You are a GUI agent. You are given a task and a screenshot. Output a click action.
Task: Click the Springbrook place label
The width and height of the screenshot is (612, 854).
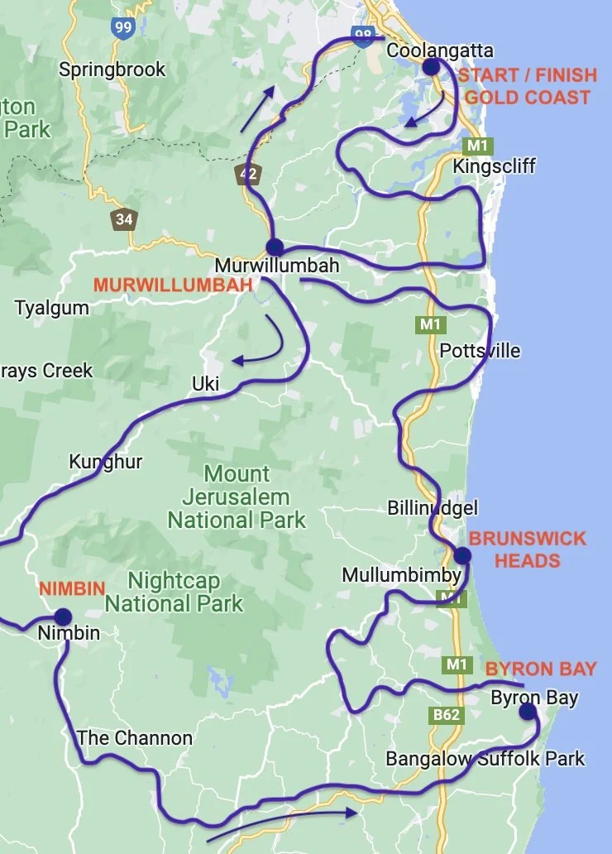coord(112,70)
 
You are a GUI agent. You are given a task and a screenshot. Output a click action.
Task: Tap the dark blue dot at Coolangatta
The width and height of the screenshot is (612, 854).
coord(431,67)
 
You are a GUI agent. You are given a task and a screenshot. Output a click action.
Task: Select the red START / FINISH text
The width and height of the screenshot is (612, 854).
coord(527,75)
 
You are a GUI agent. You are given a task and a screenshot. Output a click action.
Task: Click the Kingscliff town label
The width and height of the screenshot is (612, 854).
coord(494,166)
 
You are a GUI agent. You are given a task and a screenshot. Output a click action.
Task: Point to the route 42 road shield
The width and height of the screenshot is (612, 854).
coord(246,174)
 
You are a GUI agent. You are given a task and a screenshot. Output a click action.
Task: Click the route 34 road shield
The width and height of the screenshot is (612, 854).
coord(124,219)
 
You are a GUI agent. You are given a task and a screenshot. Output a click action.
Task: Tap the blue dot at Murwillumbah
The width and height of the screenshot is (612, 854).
coord(275,247)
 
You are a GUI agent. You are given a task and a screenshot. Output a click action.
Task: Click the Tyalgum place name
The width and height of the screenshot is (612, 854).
coord(51,309)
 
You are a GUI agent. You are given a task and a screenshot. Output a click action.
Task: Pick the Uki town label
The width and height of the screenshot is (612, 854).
coord(205,384)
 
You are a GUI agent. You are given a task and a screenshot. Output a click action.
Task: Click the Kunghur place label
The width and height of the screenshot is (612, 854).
coord(106,462)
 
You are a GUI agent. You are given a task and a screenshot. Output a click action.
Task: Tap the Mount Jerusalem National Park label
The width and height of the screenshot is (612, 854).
coord(237,497)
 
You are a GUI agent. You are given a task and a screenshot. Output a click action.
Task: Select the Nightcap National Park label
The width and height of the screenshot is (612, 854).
coord(174,592)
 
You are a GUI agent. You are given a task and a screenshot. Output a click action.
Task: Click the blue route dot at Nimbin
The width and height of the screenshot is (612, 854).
coord(63,617)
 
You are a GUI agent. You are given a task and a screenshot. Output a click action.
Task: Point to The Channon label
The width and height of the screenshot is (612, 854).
coord(134,737)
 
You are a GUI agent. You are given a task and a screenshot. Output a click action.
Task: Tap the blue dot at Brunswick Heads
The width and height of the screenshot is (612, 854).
coord(461,555)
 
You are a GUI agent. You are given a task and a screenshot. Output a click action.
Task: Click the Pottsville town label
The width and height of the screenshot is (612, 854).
coord(480,351)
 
